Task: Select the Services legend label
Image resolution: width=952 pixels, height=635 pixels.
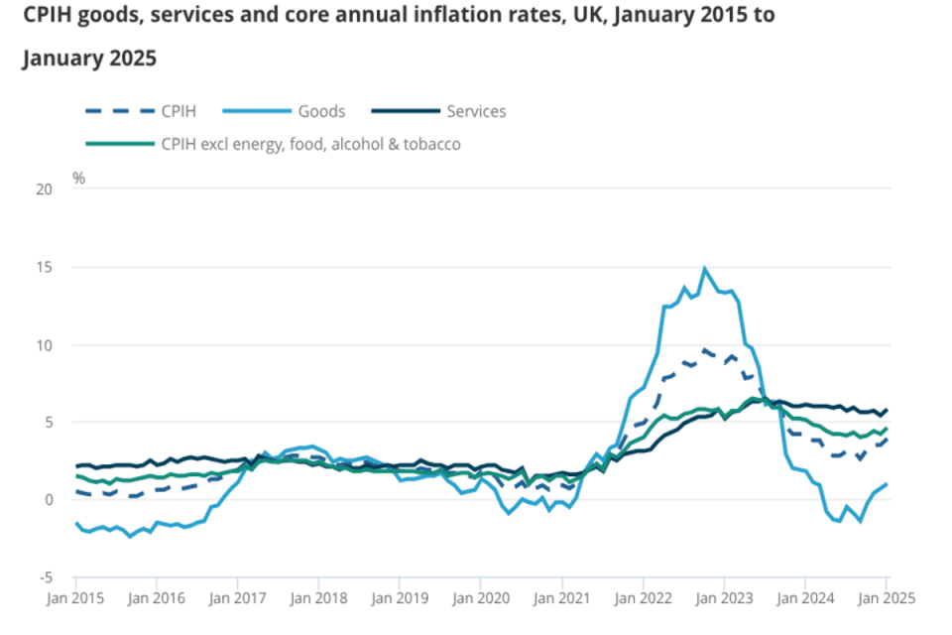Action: coord(476,111)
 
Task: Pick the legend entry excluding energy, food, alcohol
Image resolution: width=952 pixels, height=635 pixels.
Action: coord(310,144)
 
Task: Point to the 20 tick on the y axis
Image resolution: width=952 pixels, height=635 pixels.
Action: coord(44,190)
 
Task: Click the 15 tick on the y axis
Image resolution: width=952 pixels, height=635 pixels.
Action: coord(44,267)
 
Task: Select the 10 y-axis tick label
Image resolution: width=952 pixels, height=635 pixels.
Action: coord(44,344)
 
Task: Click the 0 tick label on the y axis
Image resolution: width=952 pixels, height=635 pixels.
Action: coord(47,499)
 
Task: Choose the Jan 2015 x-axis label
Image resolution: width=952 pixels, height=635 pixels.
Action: coord(75,598)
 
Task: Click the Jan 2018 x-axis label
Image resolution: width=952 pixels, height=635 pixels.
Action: coord(317,598)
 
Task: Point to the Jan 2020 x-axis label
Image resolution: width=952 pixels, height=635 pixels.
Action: coord(479,598)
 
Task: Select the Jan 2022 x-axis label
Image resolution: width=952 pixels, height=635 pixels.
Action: coord(642,598)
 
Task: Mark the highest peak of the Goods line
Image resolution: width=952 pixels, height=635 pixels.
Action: coord(704,268)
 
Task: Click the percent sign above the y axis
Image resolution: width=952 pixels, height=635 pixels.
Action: coord(79,179)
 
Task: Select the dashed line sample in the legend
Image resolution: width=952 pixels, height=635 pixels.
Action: coord(116,111)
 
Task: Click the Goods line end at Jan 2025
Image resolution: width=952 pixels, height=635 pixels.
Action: coord(886,484)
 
